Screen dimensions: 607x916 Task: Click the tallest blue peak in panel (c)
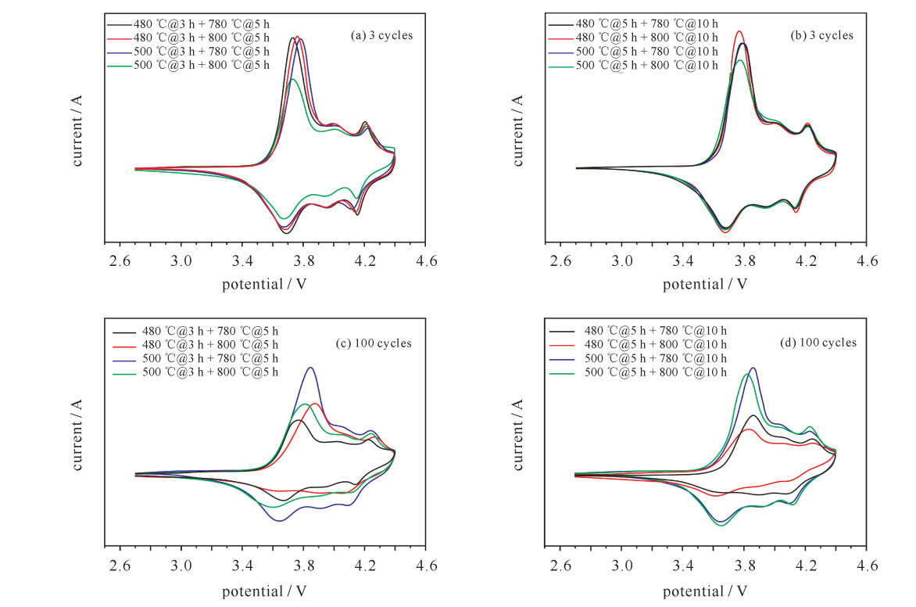[x=311, y=368]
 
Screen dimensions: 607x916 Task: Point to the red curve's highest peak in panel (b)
[x=739, y=32]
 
